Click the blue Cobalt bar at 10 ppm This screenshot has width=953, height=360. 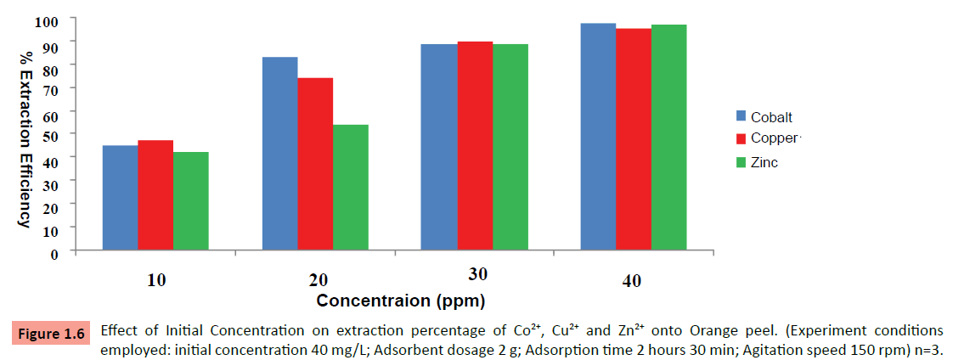[x=120, y=198]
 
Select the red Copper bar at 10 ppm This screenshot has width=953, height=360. [x=155, y=195]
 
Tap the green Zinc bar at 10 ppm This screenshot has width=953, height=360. [x=190, y=201]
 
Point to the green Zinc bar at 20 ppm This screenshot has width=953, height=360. [x=350, y=188]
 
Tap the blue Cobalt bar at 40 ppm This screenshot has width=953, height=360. [x=598, y=137]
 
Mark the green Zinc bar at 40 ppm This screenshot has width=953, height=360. [x=668, y=138]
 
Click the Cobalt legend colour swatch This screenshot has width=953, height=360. [x=741, y=117]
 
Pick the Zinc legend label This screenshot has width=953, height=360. [x=764, y=162]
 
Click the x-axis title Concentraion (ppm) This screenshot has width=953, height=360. [x=401, y=300]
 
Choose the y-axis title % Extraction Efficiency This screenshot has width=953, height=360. [x=25, y=138]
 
